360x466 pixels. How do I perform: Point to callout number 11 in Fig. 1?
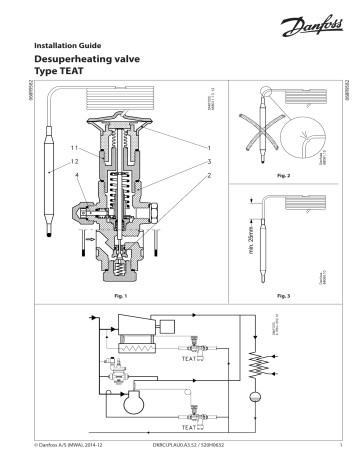coord(75,147)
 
